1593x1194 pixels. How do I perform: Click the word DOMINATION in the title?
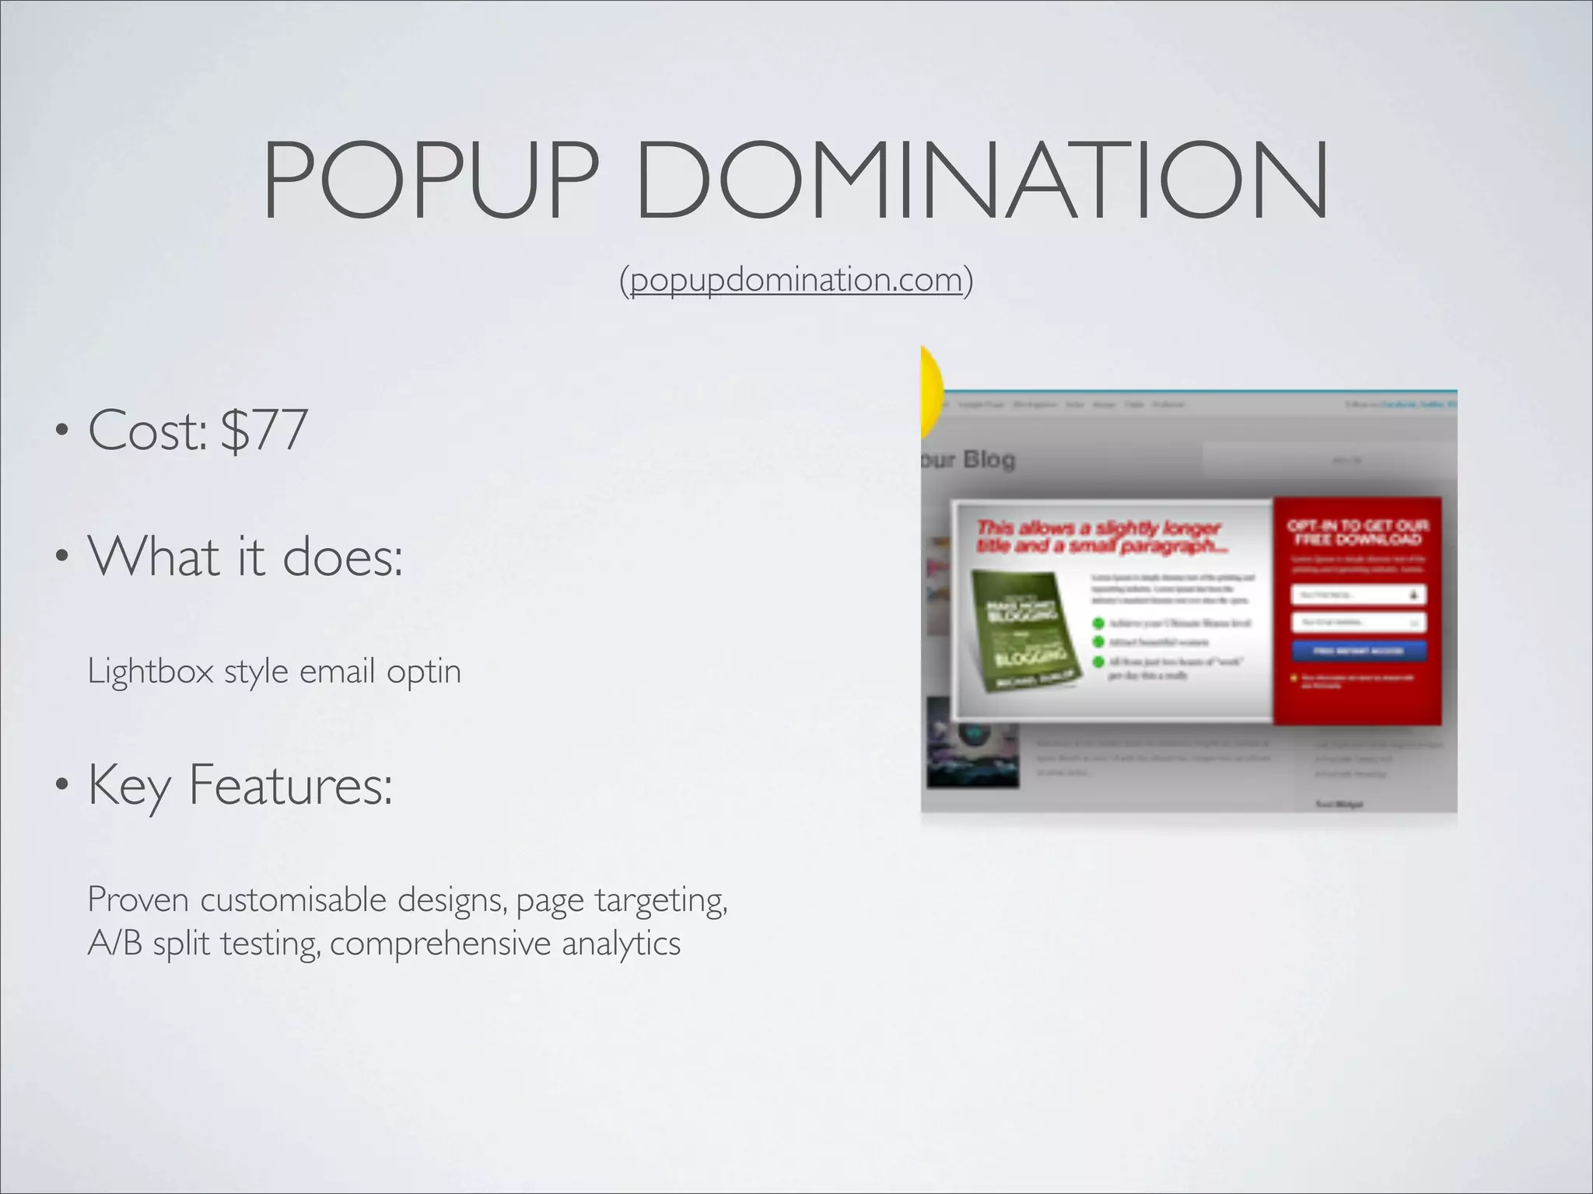(x=982, y=180)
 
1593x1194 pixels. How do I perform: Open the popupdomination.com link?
(x=796, y=280)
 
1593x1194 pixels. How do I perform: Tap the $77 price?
(x=264, y=430)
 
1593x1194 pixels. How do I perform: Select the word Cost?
(x=146, y=430)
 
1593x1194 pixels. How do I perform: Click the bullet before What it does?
(x=61, y=557)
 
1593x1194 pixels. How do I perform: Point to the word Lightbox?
(x=150, y=671)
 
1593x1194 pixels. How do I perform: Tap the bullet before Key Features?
(x=61, y=785)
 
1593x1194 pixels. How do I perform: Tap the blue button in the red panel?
(x=1358, y=651)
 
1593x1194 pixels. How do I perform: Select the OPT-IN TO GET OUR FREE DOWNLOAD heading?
(x=1358, y=532)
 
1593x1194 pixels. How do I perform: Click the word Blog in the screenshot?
(x=989, y=459)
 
